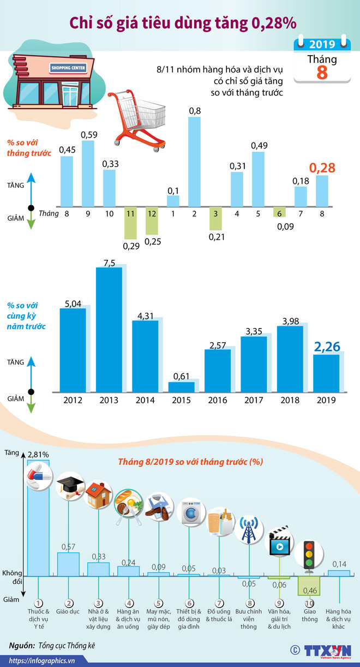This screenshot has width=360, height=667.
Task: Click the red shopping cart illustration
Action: click(136, 121)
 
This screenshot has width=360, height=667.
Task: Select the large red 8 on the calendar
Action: click(322, 72)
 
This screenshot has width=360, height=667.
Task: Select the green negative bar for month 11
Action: click(130, 223)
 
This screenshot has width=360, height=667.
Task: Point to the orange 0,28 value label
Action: click(322, 167)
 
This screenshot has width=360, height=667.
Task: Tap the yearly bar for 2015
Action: click(181, 387)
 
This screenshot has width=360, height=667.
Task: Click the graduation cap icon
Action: click(70, 483)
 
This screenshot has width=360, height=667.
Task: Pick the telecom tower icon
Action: click(249, 528)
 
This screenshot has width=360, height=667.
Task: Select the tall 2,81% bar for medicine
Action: click(38, 519)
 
